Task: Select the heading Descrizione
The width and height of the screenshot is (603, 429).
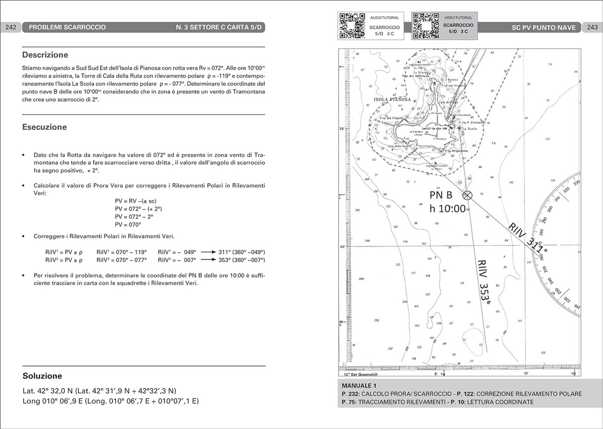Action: pos(45,55)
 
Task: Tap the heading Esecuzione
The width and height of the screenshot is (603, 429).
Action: pos(44,127)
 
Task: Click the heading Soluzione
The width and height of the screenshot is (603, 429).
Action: pos(42,376)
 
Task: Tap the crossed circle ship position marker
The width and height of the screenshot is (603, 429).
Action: pos(467,195)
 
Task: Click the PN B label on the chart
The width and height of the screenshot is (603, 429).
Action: pos(441,195)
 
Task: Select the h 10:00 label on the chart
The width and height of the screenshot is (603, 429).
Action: pos(447,209)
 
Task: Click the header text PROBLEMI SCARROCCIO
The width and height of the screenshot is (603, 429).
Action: pos(67,27)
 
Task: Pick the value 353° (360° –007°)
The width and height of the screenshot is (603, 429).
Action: pos(242,260)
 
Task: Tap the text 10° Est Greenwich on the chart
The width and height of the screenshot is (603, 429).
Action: pos(361,374)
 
